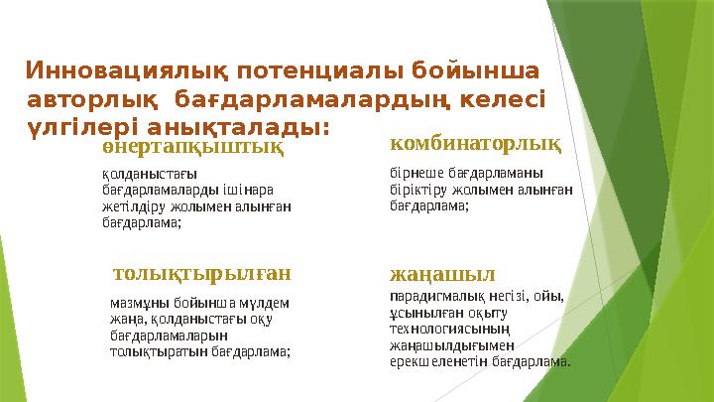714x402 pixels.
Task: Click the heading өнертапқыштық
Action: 192,147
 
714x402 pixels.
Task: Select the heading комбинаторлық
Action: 474,146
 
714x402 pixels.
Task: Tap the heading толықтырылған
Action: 202,271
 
